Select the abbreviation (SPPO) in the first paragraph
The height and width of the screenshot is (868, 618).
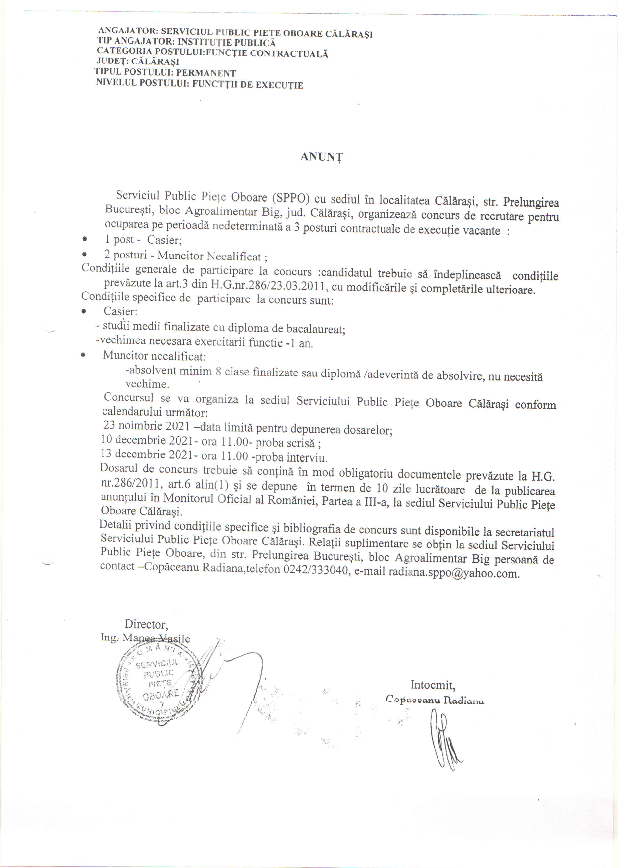(x=291, y=198)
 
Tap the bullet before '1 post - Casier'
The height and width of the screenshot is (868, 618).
(x=85, y=239)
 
